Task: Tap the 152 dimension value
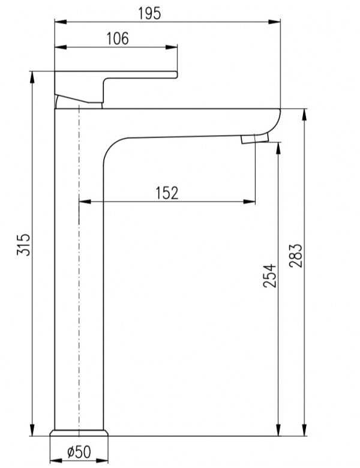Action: (x=167, y=193)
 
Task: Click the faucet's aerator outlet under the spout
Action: (x=253, y=140)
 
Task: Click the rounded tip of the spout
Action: (x=277, y=120)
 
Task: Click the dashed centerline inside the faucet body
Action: (x=79, y=270)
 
